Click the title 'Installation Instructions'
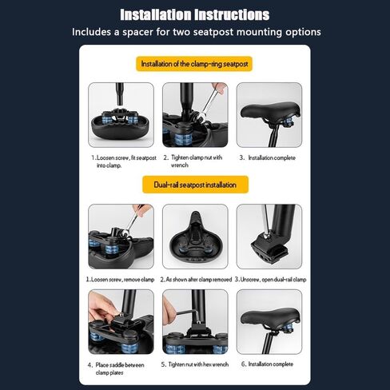[195, 14]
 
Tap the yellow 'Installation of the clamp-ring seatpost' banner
[194, 64]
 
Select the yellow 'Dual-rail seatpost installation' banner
[195, 185]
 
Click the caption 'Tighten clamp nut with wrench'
[193, 161]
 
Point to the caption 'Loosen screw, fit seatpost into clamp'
[124, 161]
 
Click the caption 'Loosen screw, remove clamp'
[121, 280]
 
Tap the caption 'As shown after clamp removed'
[196, 280]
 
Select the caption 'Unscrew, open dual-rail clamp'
[270, 280]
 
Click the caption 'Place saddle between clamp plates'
[116, 368]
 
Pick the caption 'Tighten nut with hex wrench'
[195, 364]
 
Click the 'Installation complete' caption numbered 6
[267, 364]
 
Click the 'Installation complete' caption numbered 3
[268, 157]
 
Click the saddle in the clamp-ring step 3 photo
[269, 110]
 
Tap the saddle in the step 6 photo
[269, 317]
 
